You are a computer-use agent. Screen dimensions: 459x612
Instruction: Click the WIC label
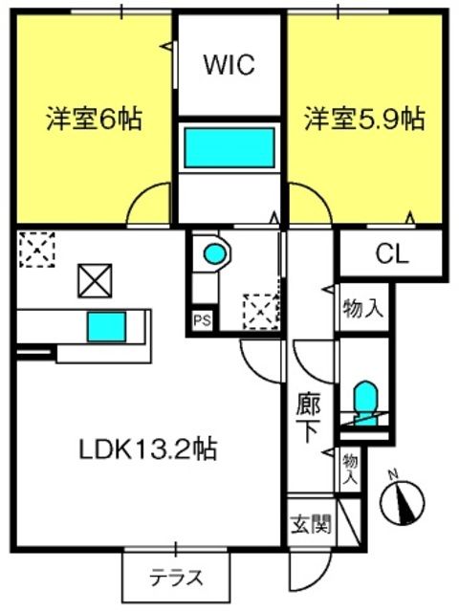(x=229, y=64)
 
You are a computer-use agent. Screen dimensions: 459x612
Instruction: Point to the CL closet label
(x=392, y=254)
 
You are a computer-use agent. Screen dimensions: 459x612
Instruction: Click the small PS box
(x=203, y=320)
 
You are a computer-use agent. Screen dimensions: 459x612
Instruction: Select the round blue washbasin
(x=214, y=253)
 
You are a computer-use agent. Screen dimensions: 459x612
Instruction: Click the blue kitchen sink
(x=106, y=327)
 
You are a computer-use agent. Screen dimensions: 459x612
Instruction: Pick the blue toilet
(x=365, y=403)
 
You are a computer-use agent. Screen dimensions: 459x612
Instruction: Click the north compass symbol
(x=403, y=500)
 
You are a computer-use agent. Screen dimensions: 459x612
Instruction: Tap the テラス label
(x=177, y=578)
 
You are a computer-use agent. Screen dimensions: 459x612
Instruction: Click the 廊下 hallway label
(x=308, y=418)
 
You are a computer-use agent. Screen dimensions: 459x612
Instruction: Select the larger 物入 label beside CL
(x=362, y=308)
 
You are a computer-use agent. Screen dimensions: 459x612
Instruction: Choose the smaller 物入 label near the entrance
(x=350, y=470)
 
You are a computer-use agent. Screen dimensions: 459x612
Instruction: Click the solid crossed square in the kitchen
(x=95, y=281)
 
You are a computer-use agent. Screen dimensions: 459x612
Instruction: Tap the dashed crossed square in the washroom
(x=260, y=312)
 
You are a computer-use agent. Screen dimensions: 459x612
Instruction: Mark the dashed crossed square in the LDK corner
(x=37, y=250)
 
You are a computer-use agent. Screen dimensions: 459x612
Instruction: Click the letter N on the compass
(x=393, y=475)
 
